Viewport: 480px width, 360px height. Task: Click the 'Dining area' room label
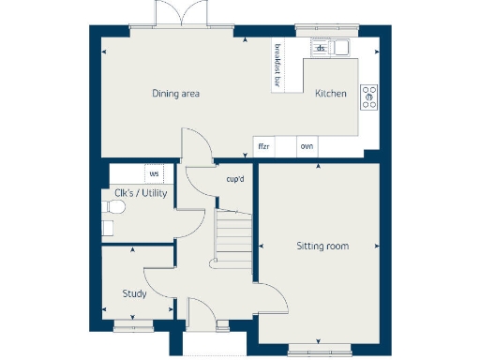176,94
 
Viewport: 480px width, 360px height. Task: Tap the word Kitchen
331,94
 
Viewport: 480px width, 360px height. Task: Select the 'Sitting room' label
322,246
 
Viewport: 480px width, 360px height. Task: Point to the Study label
134,293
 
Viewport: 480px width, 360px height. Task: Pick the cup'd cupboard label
235,178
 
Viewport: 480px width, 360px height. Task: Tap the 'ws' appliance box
153,173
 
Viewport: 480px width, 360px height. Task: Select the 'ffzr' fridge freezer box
263,147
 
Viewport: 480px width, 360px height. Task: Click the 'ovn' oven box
307,147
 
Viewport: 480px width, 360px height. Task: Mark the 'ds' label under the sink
320,48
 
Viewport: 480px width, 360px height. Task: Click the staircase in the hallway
233,234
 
